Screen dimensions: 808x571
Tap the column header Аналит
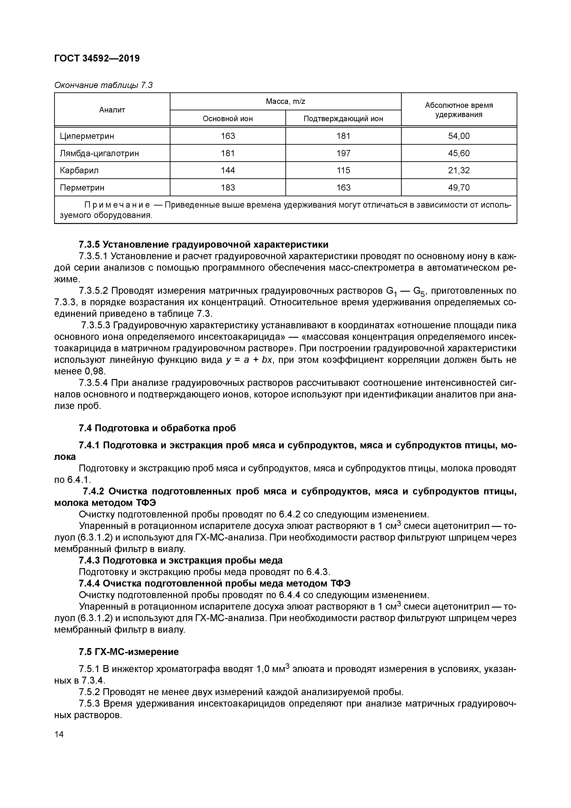(112, 110)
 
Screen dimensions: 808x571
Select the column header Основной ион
(228, 119)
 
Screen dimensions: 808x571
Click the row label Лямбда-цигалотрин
(99, 153)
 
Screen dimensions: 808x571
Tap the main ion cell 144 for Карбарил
(228, 170)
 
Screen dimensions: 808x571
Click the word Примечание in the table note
(117, 205)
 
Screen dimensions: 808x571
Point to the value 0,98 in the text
(95, 372)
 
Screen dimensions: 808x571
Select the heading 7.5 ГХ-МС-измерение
(129, 652)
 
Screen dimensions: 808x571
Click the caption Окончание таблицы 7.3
(103, 85)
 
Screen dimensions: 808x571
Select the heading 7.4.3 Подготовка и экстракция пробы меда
(181, 560)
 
